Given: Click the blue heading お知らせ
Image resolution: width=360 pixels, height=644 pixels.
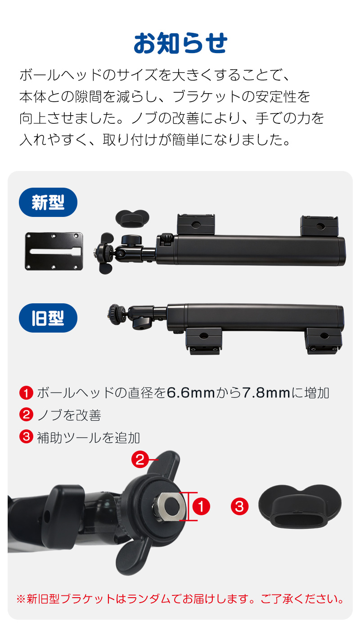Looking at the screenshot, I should (180, 44).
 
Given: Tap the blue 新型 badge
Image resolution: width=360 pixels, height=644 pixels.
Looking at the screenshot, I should (48, 203).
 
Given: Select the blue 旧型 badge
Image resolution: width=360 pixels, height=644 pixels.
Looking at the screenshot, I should (48, 318).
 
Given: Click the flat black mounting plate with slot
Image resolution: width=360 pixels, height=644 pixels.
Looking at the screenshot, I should (54, 251).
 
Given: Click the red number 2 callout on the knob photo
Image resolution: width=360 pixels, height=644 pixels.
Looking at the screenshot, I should (140, 459).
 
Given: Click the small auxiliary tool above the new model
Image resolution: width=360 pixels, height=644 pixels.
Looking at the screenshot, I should (132, 217).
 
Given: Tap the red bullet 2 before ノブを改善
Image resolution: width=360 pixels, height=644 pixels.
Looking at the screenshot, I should (26, 414).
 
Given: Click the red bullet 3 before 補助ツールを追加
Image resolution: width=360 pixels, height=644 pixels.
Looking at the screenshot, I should (26, 437).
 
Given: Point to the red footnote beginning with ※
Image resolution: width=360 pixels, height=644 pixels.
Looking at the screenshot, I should (180, 599).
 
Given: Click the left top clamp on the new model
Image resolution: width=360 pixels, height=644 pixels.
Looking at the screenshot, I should (195, 224).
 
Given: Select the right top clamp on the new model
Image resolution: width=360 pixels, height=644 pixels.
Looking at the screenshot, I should (319, 225).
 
